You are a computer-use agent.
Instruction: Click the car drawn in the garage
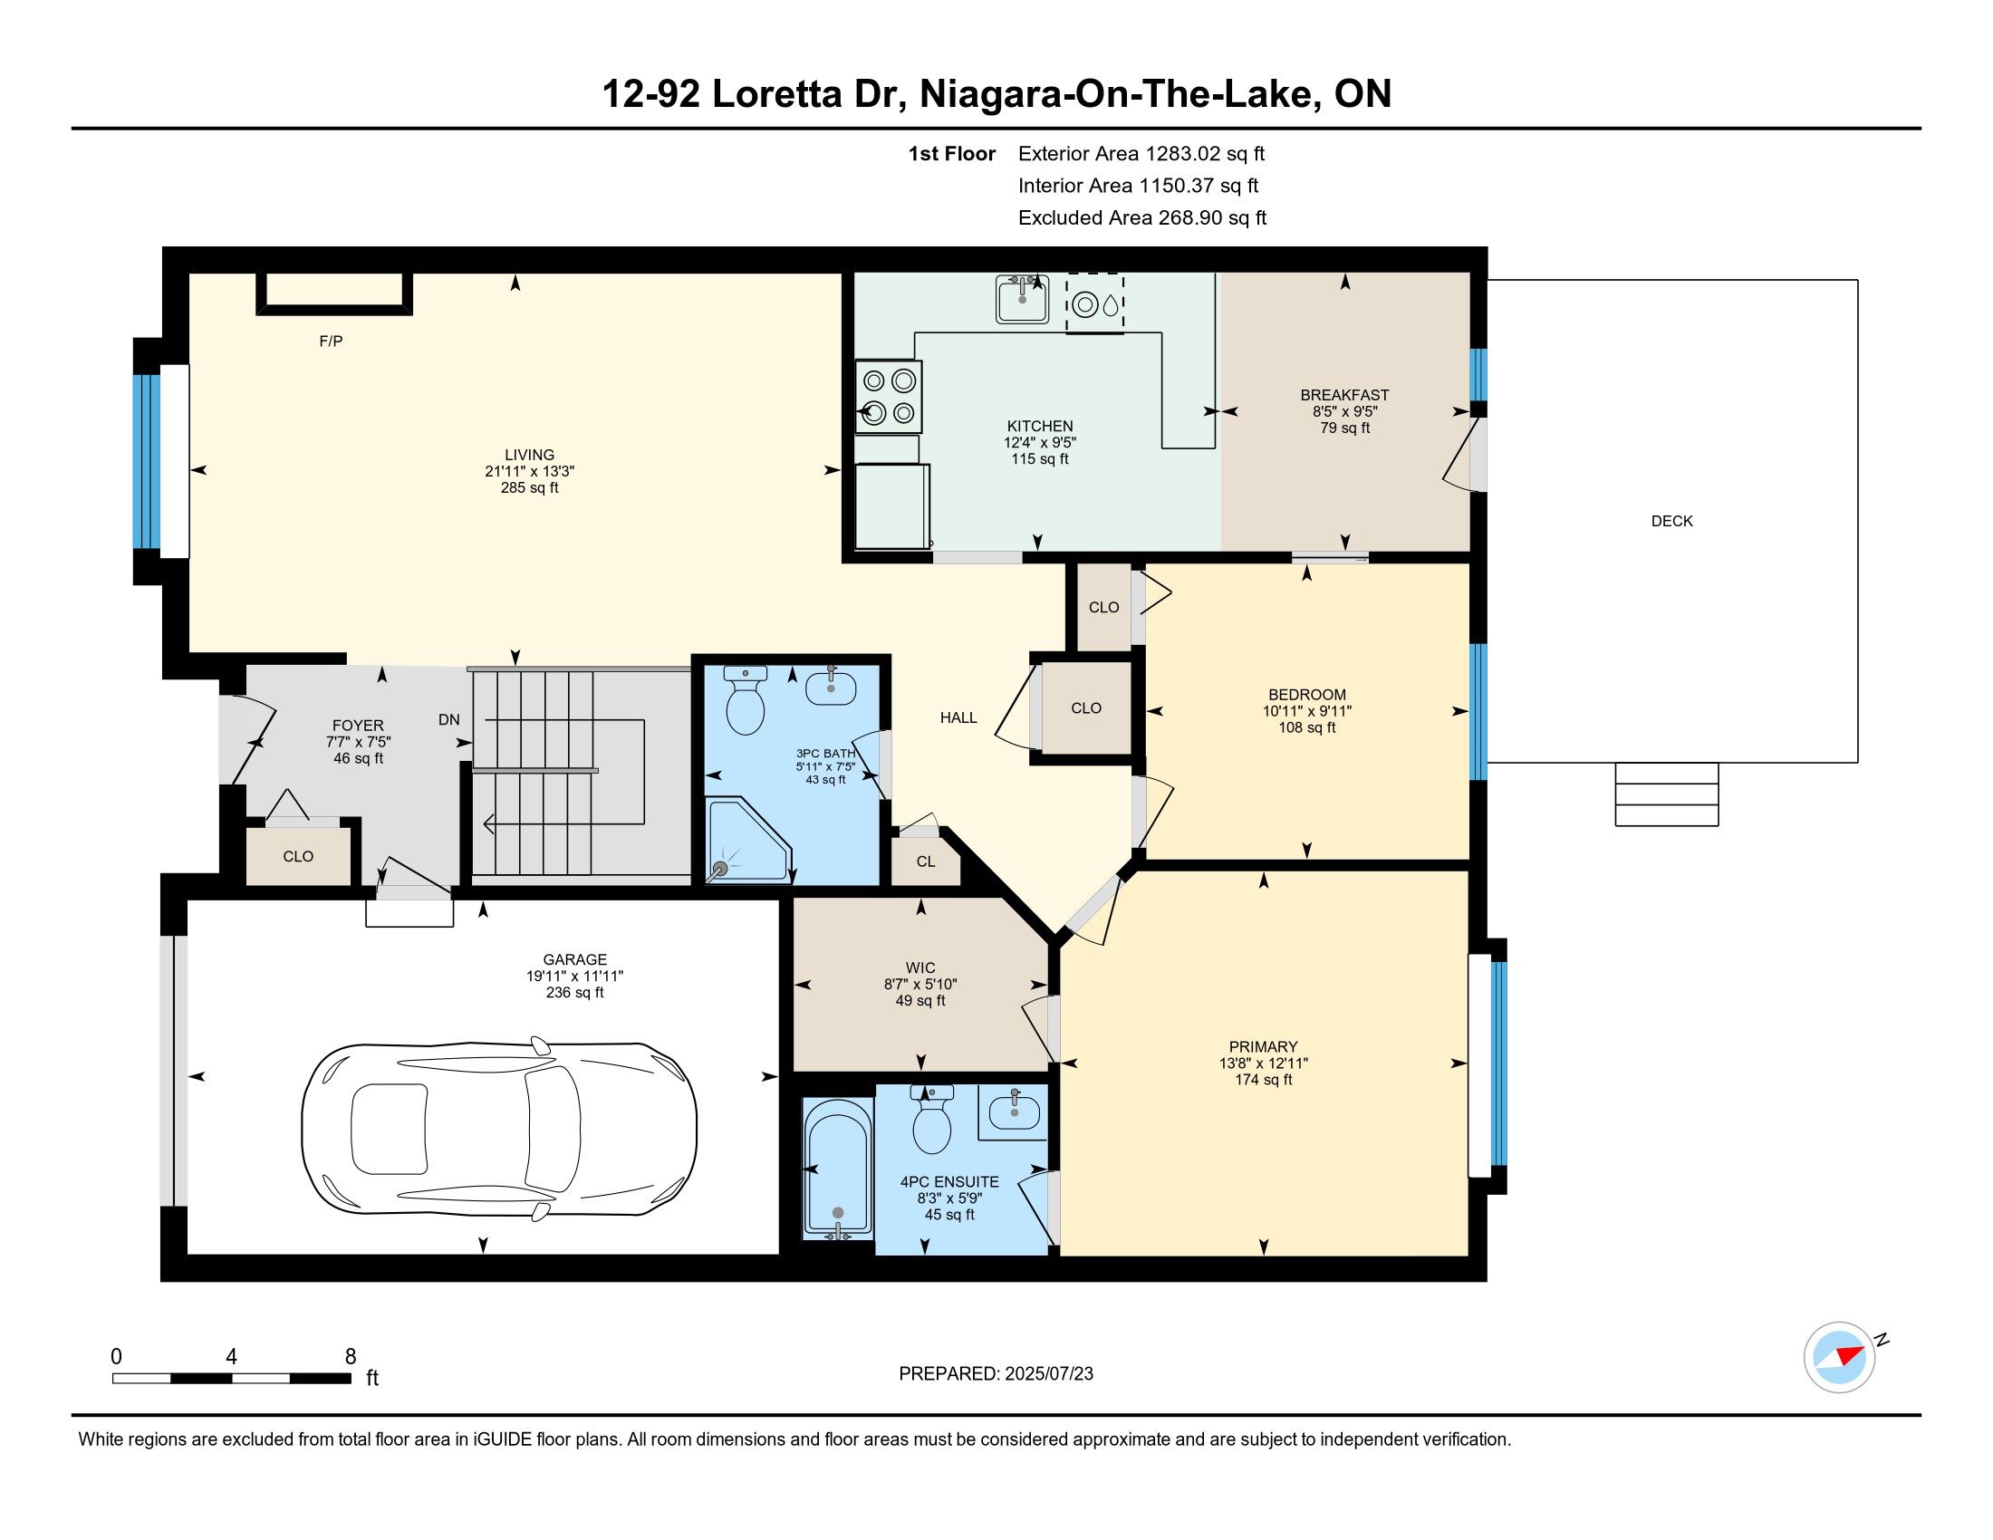tap(499, 1131)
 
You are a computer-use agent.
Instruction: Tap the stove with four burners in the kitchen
tap(889, 397)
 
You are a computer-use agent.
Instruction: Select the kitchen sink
tap(1022, 298)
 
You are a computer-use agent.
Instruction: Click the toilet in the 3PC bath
tap(745, 699)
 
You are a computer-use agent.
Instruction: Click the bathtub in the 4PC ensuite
tap(837, 1169)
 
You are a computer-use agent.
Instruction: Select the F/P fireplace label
tap(332, 342)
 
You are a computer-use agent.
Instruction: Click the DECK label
tap(1671, 521)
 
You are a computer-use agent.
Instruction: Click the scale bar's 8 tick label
tap(351, 1357)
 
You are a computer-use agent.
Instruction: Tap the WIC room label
tap(920, 968)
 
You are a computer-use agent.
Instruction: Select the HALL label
tap(958, 718)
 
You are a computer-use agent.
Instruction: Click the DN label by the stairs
tap(449, 720)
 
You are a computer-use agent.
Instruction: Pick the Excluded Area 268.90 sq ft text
tap(1142, 218)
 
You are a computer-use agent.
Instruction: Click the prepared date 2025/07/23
tap(1048, 1374)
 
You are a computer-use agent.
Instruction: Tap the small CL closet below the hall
tap(925, 861)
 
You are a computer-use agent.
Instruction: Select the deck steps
tap(1666, 794)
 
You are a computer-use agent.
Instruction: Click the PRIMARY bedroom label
tap(1263, 1046)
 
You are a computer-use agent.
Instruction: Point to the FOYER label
tap(358, 727)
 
